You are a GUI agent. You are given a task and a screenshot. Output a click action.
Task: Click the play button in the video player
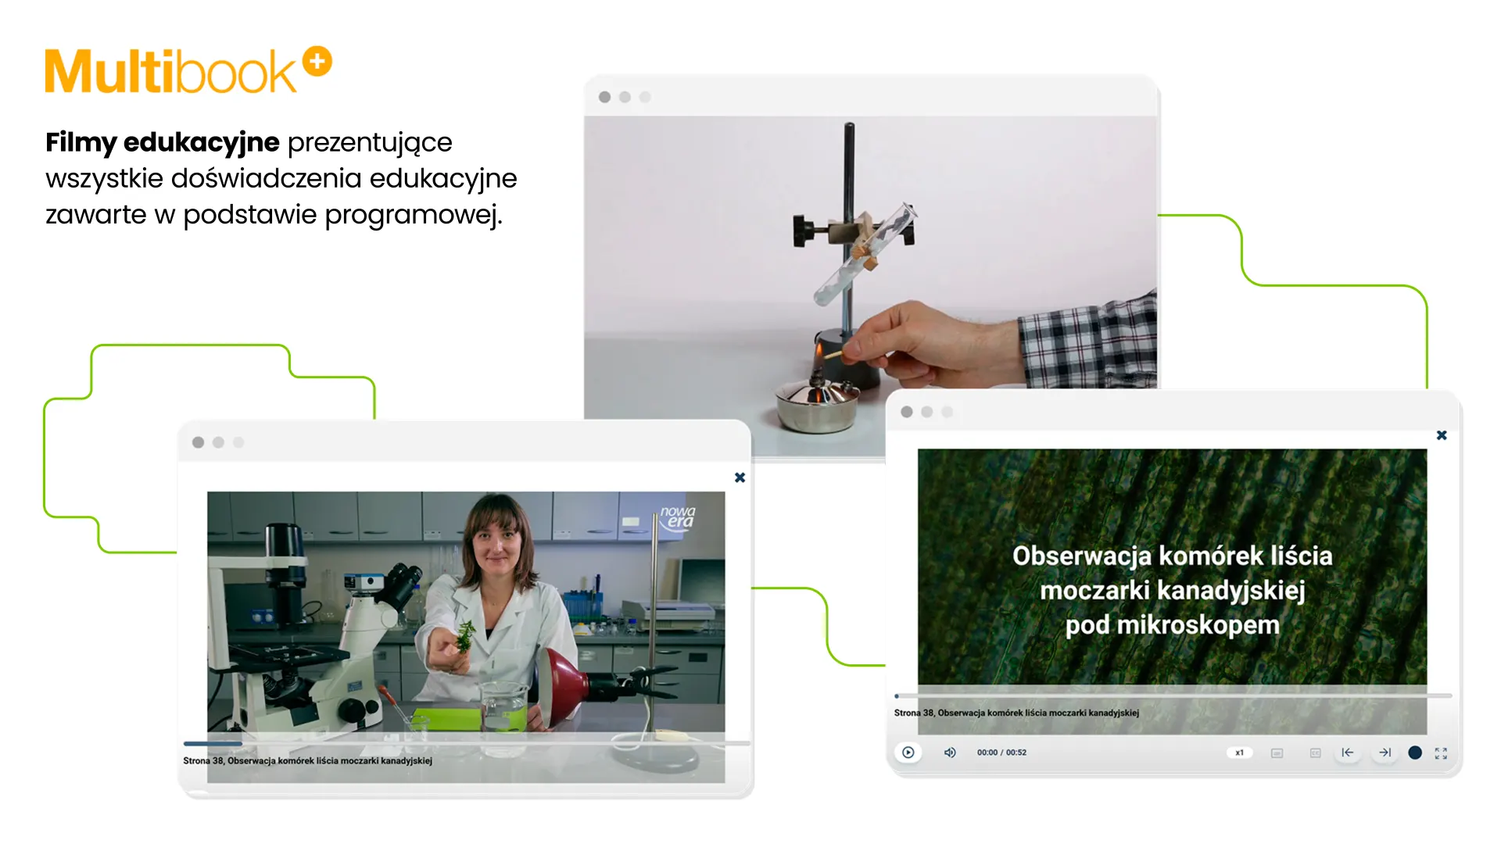pos(908,753)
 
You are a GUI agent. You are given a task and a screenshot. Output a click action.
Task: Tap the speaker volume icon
pos(950,753)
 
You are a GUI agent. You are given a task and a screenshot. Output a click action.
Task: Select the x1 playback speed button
pos(1239,753)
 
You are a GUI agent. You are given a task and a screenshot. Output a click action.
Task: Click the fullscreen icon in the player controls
pos(1441,753)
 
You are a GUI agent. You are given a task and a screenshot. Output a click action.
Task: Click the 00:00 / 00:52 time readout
pos(1001,753)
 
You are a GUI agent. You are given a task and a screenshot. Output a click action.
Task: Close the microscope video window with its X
pos(1442,435)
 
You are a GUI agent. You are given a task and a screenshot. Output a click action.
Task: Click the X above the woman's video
pos(740,477)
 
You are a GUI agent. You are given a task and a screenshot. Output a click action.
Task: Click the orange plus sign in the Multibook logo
pos(317,61)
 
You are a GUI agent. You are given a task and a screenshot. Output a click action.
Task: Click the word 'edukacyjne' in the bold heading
pos(201,142)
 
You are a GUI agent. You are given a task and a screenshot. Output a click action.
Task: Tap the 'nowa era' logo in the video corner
pos(677,517)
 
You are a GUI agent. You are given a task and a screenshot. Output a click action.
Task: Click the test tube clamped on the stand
pos(865,254)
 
